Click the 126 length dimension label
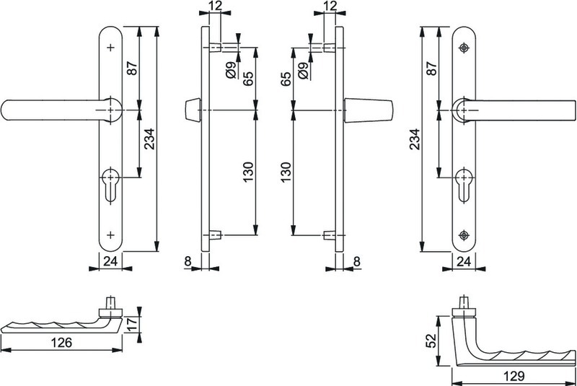61,342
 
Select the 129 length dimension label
514,376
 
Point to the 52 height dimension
431,341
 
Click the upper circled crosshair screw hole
464,48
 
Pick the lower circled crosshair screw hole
464,234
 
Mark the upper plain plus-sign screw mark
110,48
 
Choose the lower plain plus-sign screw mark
110,234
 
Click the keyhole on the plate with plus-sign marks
110,185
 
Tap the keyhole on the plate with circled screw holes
464,185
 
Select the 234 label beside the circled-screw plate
415,139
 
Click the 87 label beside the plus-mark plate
132,68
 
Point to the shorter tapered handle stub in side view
192,110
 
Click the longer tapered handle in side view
369,110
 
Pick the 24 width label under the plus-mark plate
110,261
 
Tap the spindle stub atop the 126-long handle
110,304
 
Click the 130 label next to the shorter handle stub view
249,172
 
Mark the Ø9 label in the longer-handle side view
303,70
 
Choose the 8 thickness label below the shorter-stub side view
188,261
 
